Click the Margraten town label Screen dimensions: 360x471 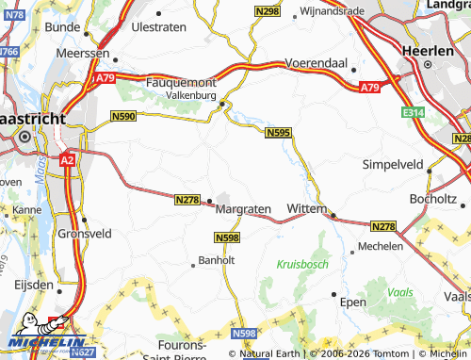point(243,208)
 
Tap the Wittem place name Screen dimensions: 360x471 point(306,207)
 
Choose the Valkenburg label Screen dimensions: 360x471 point(191,96)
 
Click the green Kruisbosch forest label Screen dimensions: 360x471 point(302,265)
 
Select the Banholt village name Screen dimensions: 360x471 point(214,260)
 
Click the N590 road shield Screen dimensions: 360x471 point(123,116)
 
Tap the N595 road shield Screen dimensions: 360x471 point(278,134)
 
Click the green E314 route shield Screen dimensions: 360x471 point(412,113)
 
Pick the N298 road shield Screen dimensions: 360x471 point(268,10)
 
